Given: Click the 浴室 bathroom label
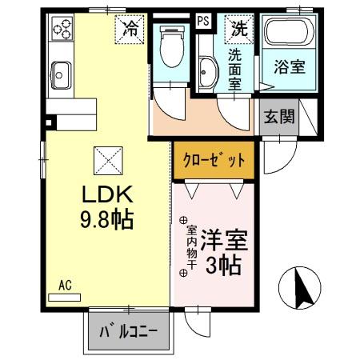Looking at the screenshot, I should coord(290,67).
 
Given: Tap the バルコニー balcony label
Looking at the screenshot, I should coord(128,331).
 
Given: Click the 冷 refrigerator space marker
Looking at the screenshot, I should coord(130,29).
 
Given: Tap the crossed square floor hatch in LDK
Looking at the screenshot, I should coord(107,161).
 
